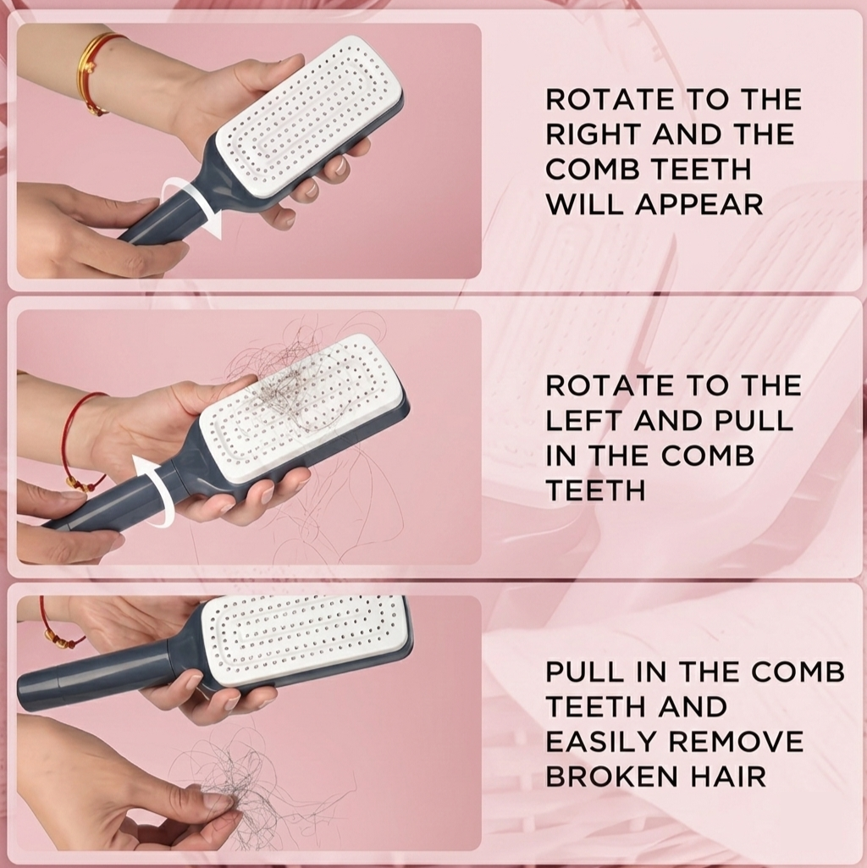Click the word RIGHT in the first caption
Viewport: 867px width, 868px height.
click(585, 135)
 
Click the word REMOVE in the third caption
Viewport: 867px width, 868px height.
click(736, 742)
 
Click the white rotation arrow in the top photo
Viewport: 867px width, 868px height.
click(192, 206)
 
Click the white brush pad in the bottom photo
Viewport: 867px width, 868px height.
click(305, 639)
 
